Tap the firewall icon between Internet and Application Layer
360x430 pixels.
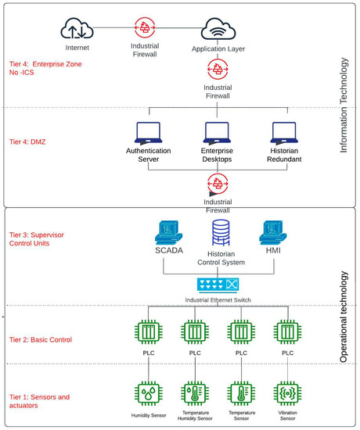point(146,27)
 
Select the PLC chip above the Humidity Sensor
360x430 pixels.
point(149,332)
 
